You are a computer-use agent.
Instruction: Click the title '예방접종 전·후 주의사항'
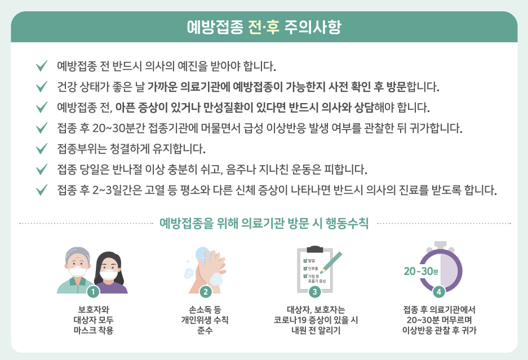pos(264,26)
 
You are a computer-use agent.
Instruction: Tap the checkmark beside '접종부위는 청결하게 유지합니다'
pos(41,149)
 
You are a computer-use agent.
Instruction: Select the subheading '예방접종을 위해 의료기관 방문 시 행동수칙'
pos(264,223)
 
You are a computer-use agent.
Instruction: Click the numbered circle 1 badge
pos(93,291)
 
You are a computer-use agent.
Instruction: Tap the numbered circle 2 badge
pos(205,291)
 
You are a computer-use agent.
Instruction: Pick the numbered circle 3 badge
pos(314,291)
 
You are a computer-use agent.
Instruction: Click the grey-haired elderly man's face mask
pos(77,271)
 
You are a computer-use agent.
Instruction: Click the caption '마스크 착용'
pos(93,330)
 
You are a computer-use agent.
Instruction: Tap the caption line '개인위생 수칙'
pos(205,320)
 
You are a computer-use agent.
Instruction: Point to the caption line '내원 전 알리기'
pos(314,330)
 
